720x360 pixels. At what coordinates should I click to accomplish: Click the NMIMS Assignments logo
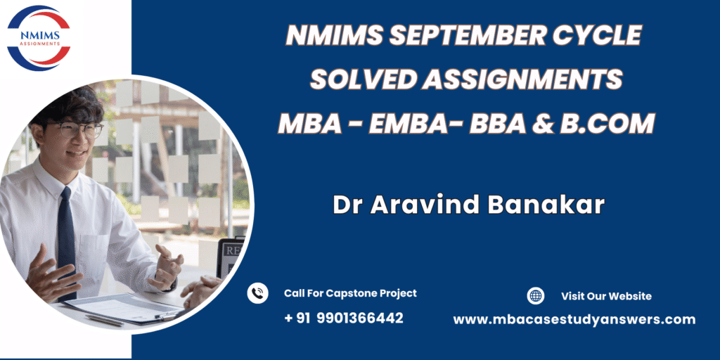click(39, 38)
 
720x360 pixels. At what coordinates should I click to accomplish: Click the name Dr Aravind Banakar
click(469, 205)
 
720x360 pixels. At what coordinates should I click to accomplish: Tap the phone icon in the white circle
click(257, 293)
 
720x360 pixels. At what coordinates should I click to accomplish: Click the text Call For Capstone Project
click(350, 293)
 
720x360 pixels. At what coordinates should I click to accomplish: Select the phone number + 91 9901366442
click(344, 318)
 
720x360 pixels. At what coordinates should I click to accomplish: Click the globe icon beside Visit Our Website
click(535, 296)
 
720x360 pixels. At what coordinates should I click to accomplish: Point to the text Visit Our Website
click(606, 296)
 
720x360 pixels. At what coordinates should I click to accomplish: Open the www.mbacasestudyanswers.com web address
click(574, 320)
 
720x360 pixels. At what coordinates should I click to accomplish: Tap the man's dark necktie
click(67, 239)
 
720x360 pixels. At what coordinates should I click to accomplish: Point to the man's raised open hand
click(167, 267)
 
